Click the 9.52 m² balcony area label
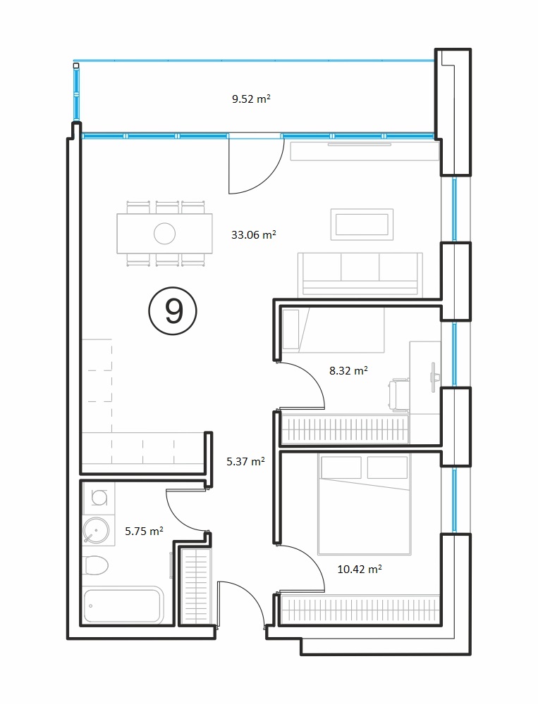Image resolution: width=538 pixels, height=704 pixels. click(251, 99)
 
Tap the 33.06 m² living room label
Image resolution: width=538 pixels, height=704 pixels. click(253, 234)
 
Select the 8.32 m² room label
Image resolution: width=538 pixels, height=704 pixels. click(348, 370)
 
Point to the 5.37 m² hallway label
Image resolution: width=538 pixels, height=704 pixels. click(245, 461)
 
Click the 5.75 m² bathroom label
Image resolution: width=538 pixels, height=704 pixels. click(144, 531)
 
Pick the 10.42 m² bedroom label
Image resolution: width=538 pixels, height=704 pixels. click(360, 570)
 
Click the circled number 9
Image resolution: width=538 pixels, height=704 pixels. click(173, 311)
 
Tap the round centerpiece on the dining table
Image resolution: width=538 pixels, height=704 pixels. click(164, 234)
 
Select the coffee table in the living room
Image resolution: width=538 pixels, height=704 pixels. click(362, 225)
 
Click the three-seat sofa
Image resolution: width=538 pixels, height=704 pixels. click(360, 275)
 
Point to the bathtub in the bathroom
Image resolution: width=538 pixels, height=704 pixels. click(123, 605)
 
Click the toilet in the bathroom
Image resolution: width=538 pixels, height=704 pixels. click(96, 566)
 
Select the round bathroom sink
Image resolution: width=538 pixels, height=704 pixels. click(96, 530)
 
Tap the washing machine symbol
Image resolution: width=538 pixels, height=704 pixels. click(99, 497)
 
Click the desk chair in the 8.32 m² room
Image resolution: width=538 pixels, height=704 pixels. click(399, 395)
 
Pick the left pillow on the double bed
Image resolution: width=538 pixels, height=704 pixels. click(341, 467)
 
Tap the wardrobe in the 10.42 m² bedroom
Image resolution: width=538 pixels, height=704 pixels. click(359, 610)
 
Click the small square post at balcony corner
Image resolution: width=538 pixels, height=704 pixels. click(76, 65)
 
